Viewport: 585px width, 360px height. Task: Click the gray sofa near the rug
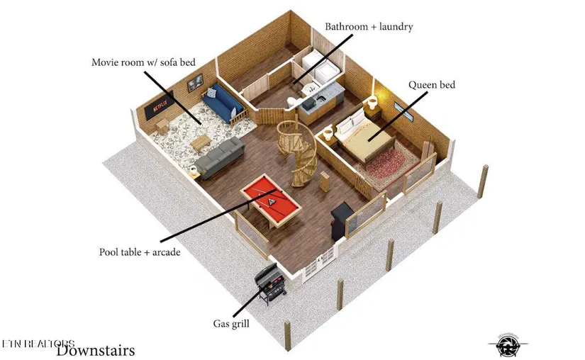pos(219,157)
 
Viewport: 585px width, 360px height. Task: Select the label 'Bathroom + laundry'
pos(369,27)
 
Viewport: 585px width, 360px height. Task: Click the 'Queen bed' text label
pos(431,85)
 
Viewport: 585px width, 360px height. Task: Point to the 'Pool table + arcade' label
pos(135,252)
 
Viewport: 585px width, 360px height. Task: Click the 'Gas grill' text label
pos(230,324)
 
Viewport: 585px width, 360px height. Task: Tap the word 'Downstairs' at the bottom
pos(95,349)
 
